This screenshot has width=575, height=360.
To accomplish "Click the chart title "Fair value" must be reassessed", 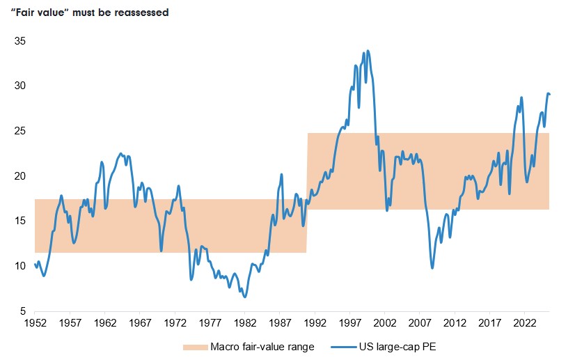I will coord(90,13).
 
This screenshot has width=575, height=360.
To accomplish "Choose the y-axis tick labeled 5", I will coord(22,311).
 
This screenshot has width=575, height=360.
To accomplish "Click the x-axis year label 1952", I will coord(36,324).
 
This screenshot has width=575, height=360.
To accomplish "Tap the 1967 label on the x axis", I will coord(140,324).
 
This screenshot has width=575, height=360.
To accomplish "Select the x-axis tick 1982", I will coord(245,324).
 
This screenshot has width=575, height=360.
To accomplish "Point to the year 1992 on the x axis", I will coord(315,324).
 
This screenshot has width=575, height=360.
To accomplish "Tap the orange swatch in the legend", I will coord(196,346).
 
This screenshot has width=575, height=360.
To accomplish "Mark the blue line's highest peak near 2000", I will coord(368,50).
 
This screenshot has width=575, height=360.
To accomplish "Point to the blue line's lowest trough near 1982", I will coord(244,297).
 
